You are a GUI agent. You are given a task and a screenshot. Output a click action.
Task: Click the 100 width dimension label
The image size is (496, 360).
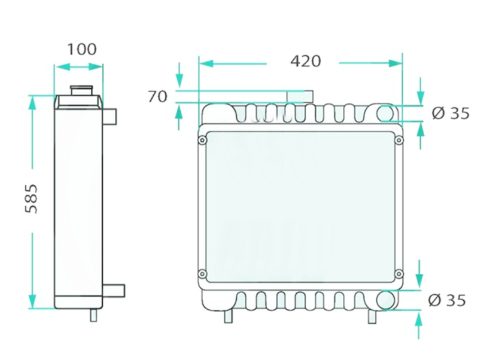coord(82,49)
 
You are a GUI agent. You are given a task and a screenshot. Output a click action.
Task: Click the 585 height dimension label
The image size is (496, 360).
coord(31,199)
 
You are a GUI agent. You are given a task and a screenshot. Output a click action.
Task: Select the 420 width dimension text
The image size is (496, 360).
coord(306,62)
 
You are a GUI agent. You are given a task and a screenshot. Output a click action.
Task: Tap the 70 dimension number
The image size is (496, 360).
coord(157,97)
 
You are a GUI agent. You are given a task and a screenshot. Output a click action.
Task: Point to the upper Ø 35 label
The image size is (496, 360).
coord(451,113)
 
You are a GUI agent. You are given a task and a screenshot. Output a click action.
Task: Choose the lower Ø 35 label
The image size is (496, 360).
coord(447,300)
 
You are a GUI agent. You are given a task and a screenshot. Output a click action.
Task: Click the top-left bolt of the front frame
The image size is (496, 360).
coord(202,140)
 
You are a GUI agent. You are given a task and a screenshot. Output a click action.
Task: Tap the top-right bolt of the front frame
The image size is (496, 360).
coord(399,140)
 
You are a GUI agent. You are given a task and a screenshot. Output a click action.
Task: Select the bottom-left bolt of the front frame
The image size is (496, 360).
coord(202,274)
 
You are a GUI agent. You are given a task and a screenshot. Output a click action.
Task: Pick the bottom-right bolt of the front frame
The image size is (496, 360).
coord(399,274)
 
